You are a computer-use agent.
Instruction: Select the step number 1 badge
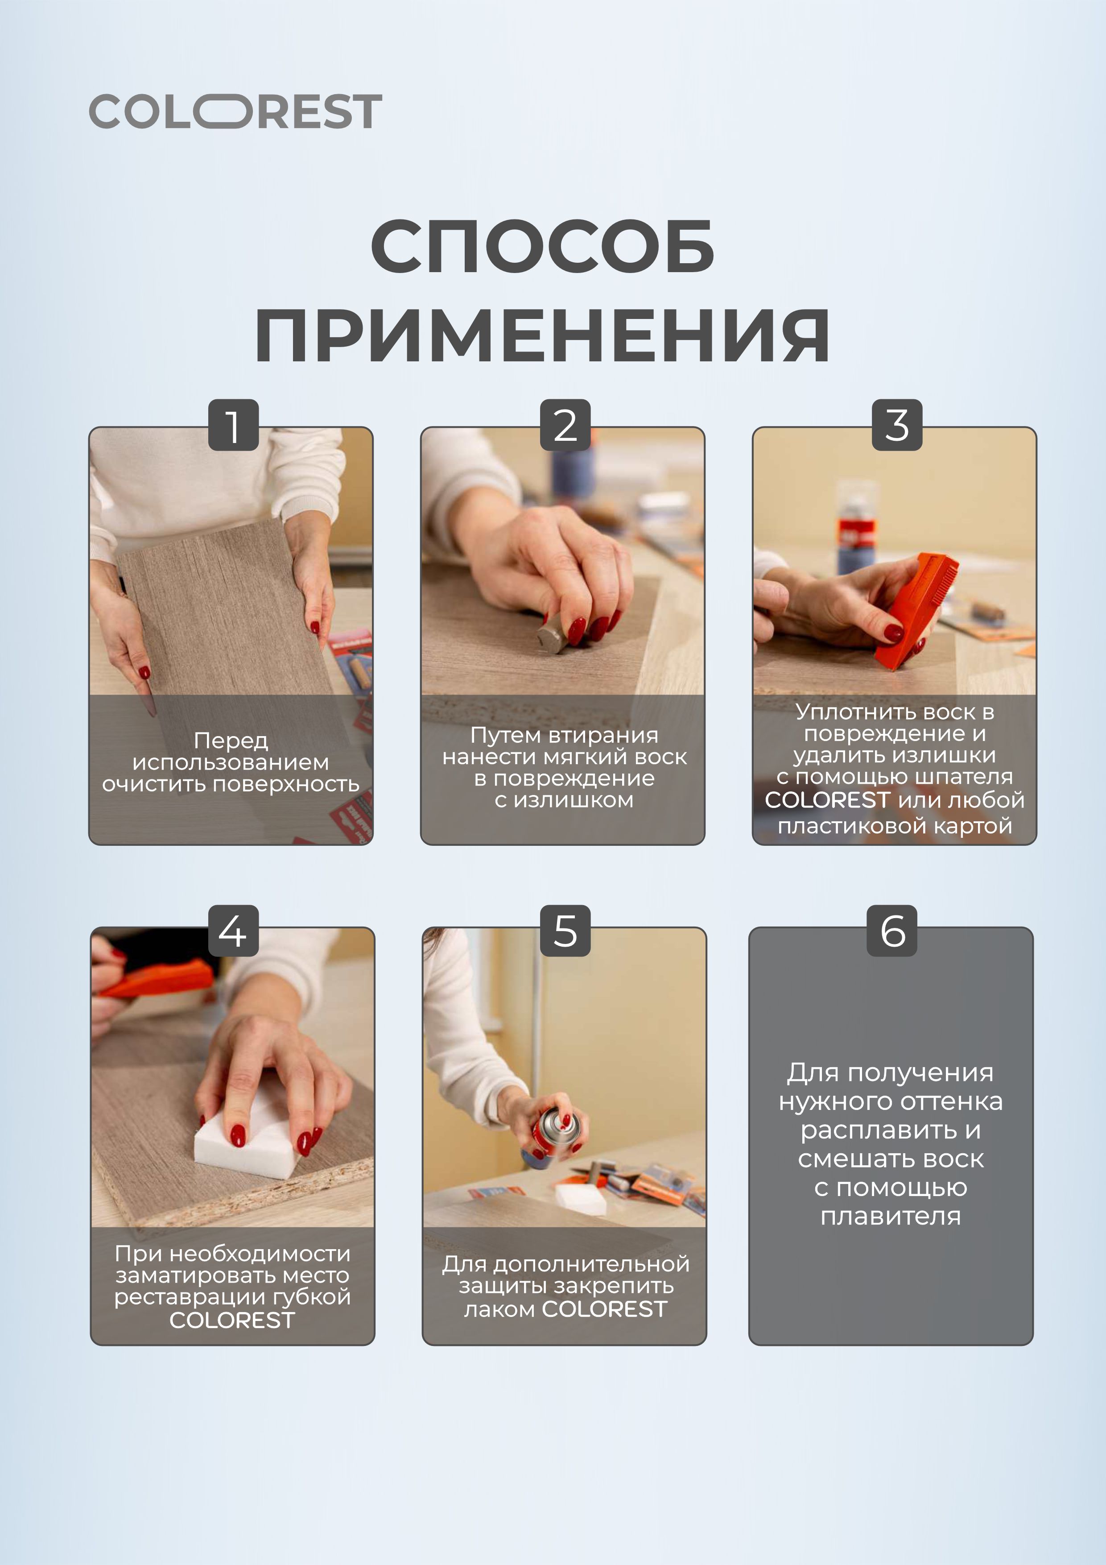click(x=233, y=425)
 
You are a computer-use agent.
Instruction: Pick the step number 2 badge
click(x=565, y=425)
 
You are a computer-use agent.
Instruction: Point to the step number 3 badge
click(x=897, y=425)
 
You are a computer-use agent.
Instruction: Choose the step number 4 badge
click(x=233, y=931)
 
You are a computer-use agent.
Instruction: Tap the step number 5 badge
click(x=565, y=931)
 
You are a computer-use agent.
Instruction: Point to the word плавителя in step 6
click(x=891, y=1216)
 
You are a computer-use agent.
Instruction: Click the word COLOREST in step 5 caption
click(x=604, y=1309)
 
